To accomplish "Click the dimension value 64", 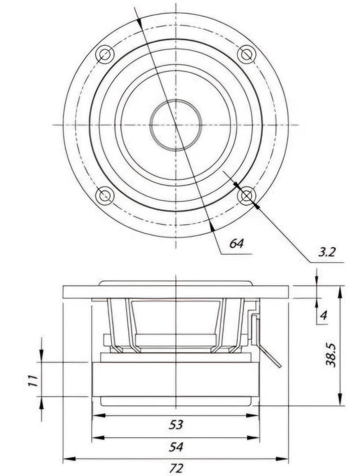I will (x=236, y=243).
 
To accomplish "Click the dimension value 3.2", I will (x=327, y=252).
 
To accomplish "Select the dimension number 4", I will (x=323, y=315).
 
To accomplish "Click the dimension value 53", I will (x=176, y=425).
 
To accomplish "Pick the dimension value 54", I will (x=176, y=447).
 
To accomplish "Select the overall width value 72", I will (x=176, y=469).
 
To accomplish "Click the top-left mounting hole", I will (x=105, y=55).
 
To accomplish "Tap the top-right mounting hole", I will (x=247, y=54).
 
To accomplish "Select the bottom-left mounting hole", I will (x=105, y=195).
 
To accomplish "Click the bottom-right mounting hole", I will (x=247, y=196).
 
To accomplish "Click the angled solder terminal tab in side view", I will (x=270, y=356).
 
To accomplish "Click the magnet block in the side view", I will (x=176, y=379).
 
